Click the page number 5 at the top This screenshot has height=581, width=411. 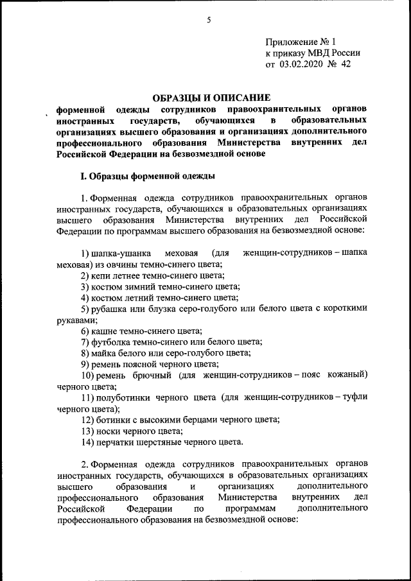209,20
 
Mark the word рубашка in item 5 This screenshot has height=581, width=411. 116,309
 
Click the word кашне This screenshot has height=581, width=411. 105,331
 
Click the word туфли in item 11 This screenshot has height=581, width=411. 355,397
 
